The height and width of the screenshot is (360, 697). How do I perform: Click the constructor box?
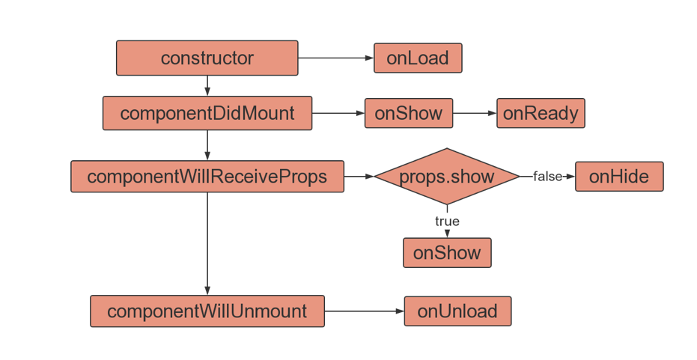(x=207, y=58)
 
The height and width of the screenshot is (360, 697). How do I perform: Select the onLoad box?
(x=418, y=58)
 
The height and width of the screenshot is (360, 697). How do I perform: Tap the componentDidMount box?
(x=207, y=113)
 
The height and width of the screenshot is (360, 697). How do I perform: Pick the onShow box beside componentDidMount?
(x=409, y=113)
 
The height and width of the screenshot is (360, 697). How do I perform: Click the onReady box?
(x=541, y=113)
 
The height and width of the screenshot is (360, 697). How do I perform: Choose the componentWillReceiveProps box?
(x=207, y=177)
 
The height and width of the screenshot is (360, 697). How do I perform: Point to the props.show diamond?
(x=447, y=177)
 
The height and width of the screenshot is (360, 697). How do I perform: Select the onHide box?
(x=619, y=177)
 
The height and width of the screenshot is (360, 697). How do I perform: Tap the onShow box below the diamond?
(x=447, y=253)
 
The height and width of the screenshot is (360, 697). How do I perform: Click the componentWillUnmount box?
(x=207, y=311)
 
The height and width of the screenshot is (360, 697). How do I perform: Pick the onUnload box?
(x=458, y=311)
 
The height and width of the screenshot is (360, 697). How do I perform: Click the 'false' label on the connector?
(x=547, y=177)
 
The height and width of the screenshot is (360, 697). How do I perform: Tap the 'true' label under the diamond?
(x=447, y=221)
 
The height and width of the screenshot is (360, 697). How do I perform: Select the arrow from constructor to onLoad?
(x=336, y=58)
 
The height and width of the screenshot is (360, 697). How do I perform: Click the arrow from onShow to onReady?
(x=475, y=113)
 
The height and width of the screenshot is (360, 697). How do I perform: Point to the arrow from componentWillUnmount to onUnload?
(x=365, y=311)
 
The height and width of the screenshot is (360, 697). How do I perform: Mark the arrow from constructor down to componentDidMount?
(x=207, y=86)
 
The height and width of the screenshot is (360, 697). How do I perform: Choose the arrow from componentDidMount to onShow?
(x=338, y=113)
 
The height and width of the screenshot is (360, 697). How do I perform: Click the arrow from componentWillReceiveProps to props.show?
(x=359, y=177)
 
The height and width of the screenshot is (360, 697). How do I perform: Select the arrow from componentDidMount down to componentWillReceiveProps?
(x=207, y=145)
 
